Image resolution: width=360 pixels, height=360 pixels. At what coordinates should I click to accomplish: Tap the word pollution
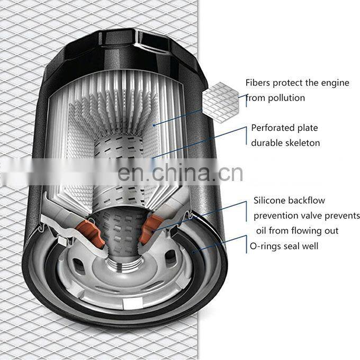[x=286, y=98]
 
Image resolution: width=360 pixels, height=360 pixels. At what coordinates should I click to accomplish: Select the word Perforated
[x=273, y=128]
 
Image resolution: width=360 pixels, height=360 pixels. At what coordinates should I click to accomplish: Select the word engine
[x=334, y=83]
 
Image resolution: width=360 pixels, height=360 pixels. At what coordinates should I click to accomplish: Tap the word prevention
[x=277, y=216]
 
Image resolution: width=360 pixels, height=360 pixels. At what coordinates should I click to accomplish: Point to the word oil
[x=263, y=231]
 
